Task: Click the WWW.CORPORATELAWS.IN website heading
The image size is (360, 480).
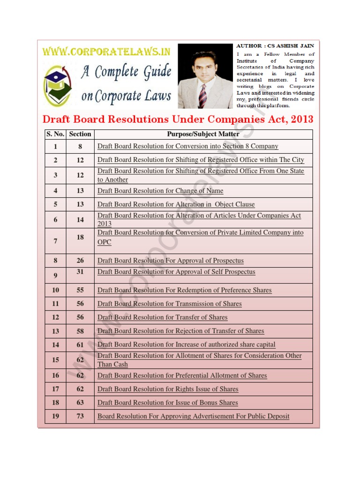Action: pyautogui.click(x=107, y=51)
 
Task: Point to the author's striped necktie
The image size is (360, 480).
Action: pyautogui.click(x=202, y=96)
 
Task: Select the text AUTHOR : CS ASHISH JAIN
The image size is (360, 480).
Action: pyautogui.click(x=275, y=46)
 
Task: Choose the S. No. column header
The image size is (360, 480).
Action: pyautogui.click(x=55, y=134)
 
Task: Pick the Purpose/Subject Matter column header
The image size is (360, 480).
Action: pyautogui.click(x=203, y=134)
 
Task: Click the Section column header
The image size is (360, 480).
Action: pyautogui.click(x=80, y=134)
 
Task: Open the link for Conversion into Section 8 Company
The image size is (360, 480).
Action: pyautogui.click(x=187, y=146)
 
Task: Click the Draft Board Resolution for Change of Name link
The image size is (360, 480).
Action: pyautogui.click(x=160, y=191)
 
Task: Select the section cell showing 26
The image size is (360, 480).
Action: pyautogui.click(x=80, y=261)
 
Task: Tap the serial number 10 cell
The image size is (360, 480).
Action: pyautogui.click(x=55, y=290)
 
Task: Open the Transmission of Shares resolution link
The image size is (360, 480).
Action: pyautogui.click(x=169, y=304)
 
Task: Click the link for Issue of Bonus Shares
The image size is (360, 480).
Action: pyautogui.click(x=167, y=403)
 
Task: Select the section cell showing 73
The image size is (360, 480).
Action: pyautogui.click(x=80, y=416)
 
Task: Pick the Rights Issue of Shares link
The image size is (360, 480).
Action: pyautogui.click(x=168, y=389)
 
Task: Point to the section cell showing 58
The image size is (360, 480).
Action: pyautogui.click(x=80, y=331)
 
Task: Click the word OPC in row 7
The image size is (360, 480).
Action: pyautogui.click(x=104, y=242)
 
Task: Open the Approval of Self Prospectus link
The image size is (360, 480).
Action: pyautogui.click(x=176, y=272)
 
